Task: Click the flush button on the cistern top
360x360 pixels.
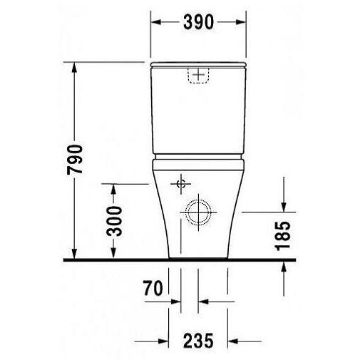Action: pyautogui.click(x=198, y=75)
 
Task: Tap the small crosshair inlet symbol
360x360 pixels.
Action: pyautogui.click(x=180, y=183)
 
